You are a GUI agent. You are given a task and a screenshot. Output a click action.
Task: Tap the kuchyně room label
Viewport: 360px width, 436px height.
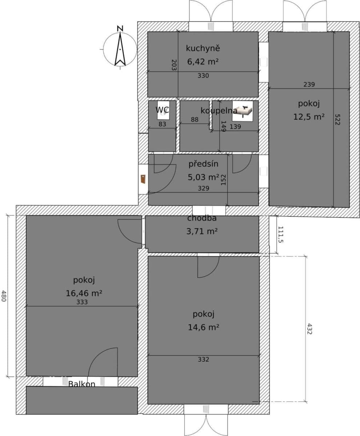click(203, 48)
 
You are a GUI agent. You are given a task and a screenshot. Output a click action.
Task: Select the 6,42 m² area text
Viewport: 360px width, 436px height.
click(203, 61)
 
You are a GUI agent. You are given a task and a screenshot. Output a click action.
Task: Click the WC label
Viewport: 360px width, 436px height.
click(162, 110)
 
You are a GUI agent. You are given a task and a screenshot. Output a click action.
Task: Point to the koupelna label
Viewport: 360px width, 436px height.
click(219, 110)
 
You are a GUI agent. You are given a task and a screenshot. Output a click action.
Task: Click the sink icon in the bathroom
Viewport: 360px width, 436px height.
click(243, 111)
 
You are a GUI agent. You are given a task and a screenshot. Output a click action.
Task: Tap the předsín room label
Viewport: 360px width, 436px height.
click(203, 164)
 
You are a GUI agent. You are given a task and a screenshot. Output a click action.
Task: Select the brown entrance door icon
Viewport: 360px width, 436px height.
click(143, 179)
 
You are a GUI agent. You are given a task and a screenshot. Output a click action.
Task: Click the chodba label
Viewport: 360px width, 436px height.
click(202, 218)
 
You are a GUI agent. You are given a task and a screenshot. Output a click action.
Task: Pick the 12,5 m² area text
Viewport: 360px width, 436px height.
click(309, 117)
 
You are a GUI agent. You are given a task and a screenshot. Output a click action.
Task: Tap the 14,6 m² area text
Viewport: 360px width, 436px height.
click(203, 327)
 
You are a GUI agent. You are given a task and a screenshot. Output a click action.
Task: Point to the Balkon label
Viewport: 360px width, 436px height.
click(82, 384)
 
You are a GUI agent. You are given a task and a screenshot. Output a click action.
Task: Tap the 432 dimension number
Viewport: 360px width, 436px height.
click(310, 329)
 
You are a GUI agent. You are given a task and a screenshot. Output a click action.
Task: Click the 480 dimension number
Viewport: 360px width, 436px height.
click(4, 296)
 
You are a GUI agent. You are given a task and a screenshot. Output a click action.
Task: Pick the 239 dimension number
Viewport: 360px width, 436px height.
click(309, 84)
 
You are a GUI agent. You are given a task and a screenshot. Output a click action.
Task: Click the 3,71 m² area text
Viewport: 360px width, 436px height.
click(202, 231)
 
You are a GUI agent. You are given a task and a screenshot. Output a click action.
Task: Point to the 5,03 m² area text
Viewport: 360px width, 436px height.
click(203, 177)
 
